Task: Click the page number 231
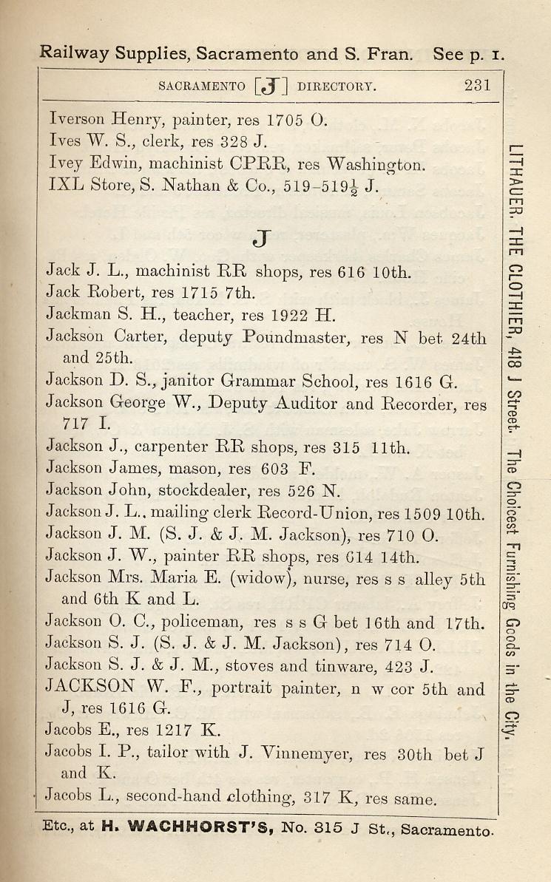click(x=477, y=84)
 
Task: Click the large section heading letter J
click(x=262, y=238)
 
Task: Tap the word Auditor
click(x=308, y=404)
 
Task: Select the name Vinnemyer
click(x=297, y=754)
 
